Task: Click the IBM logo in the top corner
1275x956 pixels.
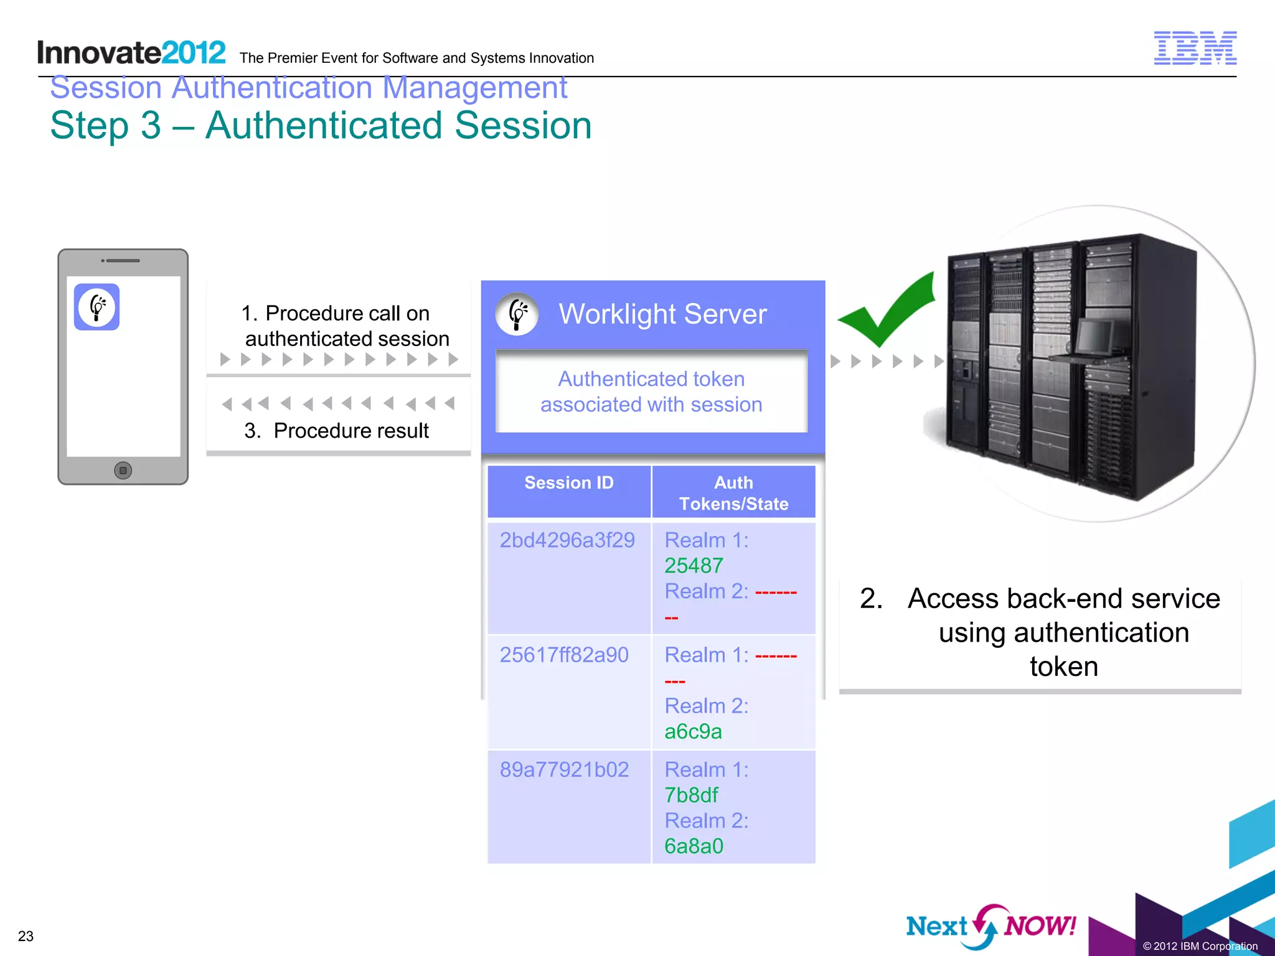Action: [1195, 48]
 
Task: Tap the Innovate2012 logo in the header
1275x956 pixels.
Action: [131, 53]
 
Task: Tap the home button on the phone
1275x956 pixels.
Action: [123, 471]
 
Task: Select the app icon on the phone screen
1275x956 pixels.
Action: [96, 307]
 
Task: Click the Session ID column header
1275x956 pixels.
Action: [568, 483]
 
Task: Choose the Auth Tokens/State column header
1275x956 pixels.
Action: [733, 493]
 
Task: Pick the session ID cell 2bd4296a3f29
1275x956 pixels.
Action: [567, 540]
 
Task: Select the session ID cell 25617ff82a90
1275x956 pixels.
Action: [564, 655]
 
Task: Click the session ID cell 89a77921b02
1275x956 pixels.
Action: [564, 770]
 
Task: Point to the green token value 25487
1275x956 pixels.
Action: [694, 566]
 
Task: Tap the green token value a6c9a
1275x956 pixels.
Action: [693, 731]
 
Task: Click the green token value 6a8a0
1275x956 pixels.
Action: [694, 846]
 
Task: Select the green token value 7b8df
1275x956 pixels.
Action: [691, 795]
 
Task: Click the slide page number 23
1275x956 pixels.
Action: [26, 936]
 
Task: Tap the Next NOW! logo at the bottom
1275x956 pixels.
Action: [990, 926]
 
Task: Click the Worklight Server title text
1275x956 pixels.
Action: [662, 314]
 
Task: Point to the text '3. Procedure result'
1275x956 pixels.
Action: [336, 431]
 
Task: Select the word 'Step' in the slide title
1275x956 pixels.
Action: [89, 126]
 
